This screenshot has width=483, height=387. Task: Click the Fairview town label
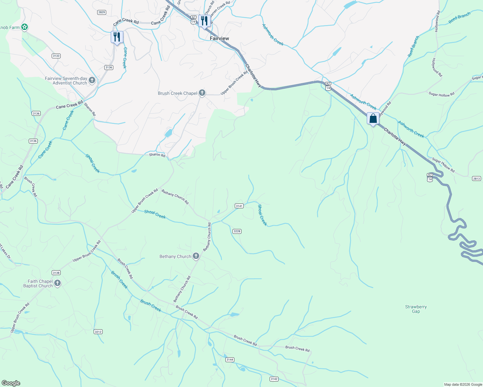coord(219,38)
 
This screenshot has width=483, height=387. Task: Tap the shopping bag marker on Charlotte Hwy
coord(373,119)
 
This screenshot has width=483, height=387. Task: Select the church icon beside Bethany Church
coord(196,256)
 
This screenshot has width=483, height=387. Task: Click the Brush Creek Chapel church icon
coord(202,93)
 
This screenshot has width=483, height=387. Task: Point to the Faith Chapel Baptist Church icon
coord(57,283)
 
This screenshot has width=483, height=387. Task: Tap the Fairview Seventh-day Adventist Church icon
coord(92,80)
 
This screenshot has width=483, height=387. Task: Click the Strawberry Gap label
coord(416,309)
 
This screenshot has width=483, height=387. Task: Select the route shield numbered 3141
coord(239,206)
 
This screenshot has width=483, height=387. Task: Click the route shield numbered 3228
coord(237,231)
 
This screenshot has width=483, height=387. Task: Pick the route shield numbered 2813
coord(476,178)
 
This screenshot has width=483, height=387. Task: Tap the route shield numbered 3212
coord(98,332)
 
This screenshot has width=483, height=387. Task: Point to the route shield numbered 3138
coord(56,273)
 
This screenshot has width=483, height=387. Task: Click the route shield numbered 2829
coord(102,12)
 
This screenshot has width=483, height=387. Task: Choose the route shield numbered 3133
coord(56,56)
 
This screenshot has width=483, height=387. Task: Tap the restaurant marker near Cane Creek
coord(117,37)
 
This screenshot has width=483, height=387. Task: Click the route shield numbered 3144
coord(230,360)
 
